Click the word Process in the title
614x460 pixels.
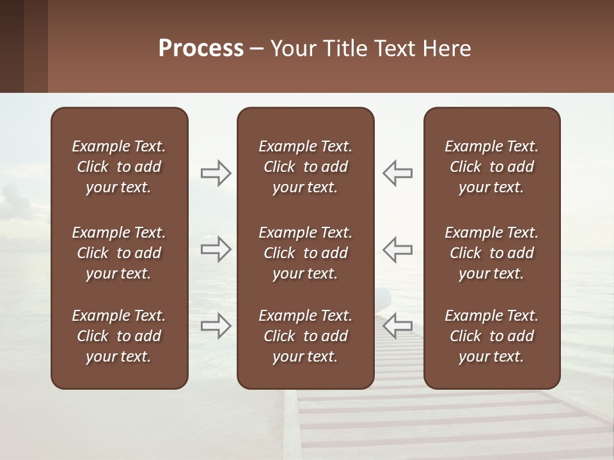click(201, 49)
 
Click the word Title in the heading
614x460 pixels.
click(345, 49)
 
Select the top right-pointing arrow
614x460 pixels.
click(216, 172)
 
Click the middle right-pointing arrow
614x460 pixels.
click(216, 249)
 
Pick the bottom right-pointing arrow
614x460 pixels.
click(216, 326)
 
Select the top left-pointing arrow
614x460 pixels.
click(398, 172)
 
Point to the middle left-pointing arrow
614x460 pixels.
click(398, 249)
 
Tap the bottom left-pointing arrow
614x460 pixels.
click(398, 326)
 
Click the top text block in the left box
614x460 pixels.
click(119, 167)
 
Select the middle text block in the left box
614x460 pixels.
click(119, 253)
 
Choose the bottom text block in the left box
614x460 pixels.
click(119, 336)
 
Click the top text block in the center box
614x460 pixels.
click(305, 167)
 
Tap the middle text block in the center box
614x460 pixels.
click(305, 253)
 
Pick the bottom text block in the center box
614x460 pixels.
click(305, 336)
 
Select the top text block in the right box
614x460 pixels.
click(491, 167)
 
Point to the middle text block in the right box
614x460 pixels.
click(491, 253)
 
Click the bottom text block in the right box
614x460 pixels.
click(491, 336)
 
